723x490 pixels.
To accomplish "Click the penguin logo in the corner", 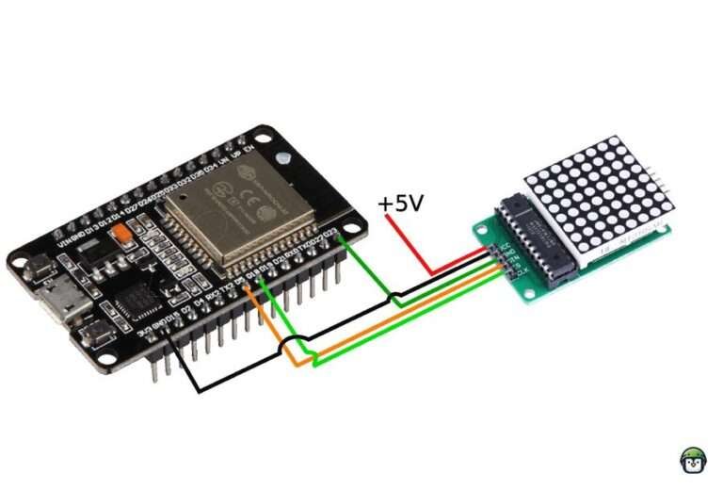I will pyautogui.click(x=694, y=459).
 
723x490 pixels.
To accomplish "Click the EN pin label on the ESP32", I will pyautogui.click(x=248, y=147).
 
